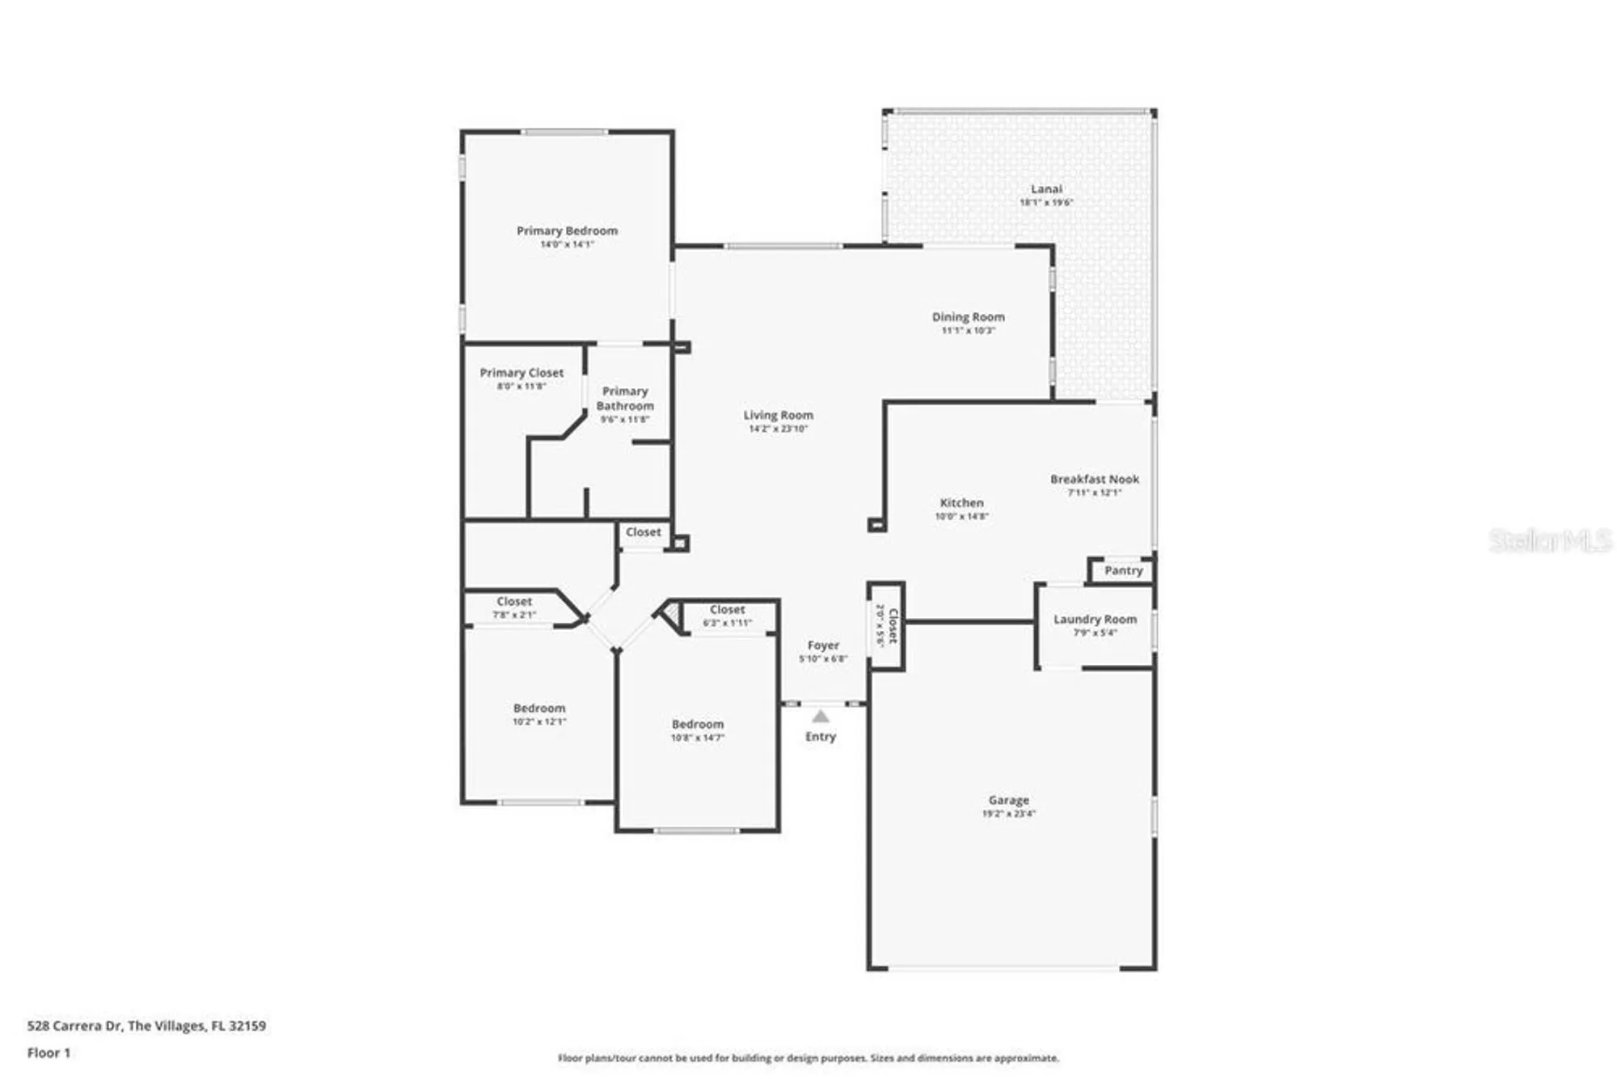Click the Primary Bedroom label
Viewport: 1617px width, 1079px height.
567,231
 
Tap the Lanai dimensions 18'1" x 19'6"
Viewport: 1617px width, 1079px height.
1046,203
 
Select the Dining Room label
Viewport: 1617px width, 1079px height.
968,317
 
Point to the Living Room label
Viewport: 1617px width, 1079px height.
778,415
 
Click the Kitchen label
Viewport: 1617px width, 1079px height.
961,502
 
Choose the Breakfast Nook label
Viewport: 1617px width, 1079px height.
1094,479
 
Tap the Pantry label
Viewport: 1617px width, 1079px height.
1123,570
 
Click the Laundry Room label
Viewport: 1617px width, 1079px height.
1095,619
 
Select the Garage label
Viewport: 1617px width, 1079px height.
1008,800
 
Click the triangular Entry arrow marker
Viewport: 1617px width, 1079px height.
821,717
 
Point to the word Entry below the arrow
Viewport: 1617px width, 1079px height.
821,737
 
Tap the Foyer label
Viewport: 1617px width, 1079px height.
823,645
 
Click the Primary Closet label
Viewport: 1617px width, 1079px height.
521,373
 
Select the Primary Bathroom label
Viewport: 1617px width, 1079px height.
625,399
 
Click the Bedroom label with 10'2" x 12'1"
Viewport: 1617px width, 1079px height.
539,709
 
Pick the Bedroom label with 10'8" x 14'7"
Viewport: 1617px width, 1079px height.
697,725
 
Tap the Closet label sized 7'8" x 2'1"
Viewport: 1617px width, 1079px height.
514,602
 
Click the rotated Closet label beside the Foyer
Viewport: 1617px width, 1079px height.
893,625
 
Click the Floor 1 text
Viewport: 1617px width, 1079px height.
49,1052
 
